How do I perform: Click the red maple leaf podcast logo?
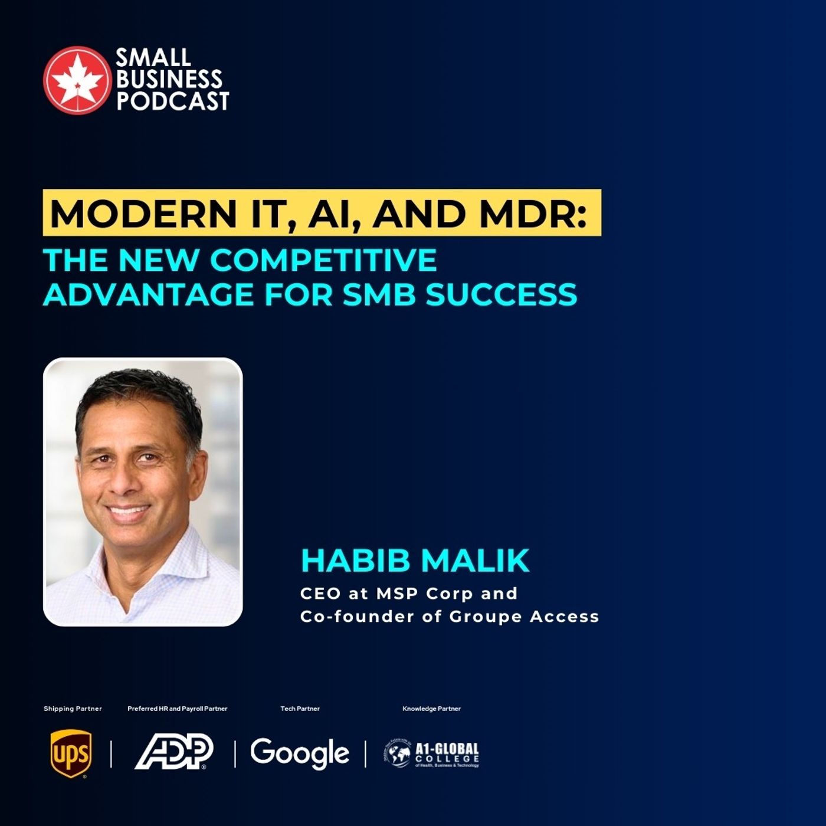coord(77,80)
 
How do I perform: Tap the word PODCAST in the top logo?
coord(172,101)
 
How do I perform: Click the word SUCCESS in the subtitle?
coord(501,294)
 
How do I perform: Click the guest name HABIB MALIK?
coord(415,560)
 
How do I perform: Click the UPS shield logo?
coord(71,753)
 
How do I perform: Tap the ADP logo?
coord(174,752)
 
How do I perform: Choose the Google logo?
coord(300,753)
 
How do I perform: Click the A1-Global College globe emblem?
coord(398,753)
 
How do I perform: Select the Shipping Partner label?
coord(73,709)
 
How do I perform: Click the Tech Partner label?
coord(300,709)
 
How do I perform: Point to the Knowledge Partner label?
coord(431,709)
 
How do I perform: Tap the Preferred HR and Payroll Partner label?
coord(177,709)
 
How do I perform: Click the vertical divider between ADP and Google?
coord(235,753)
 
